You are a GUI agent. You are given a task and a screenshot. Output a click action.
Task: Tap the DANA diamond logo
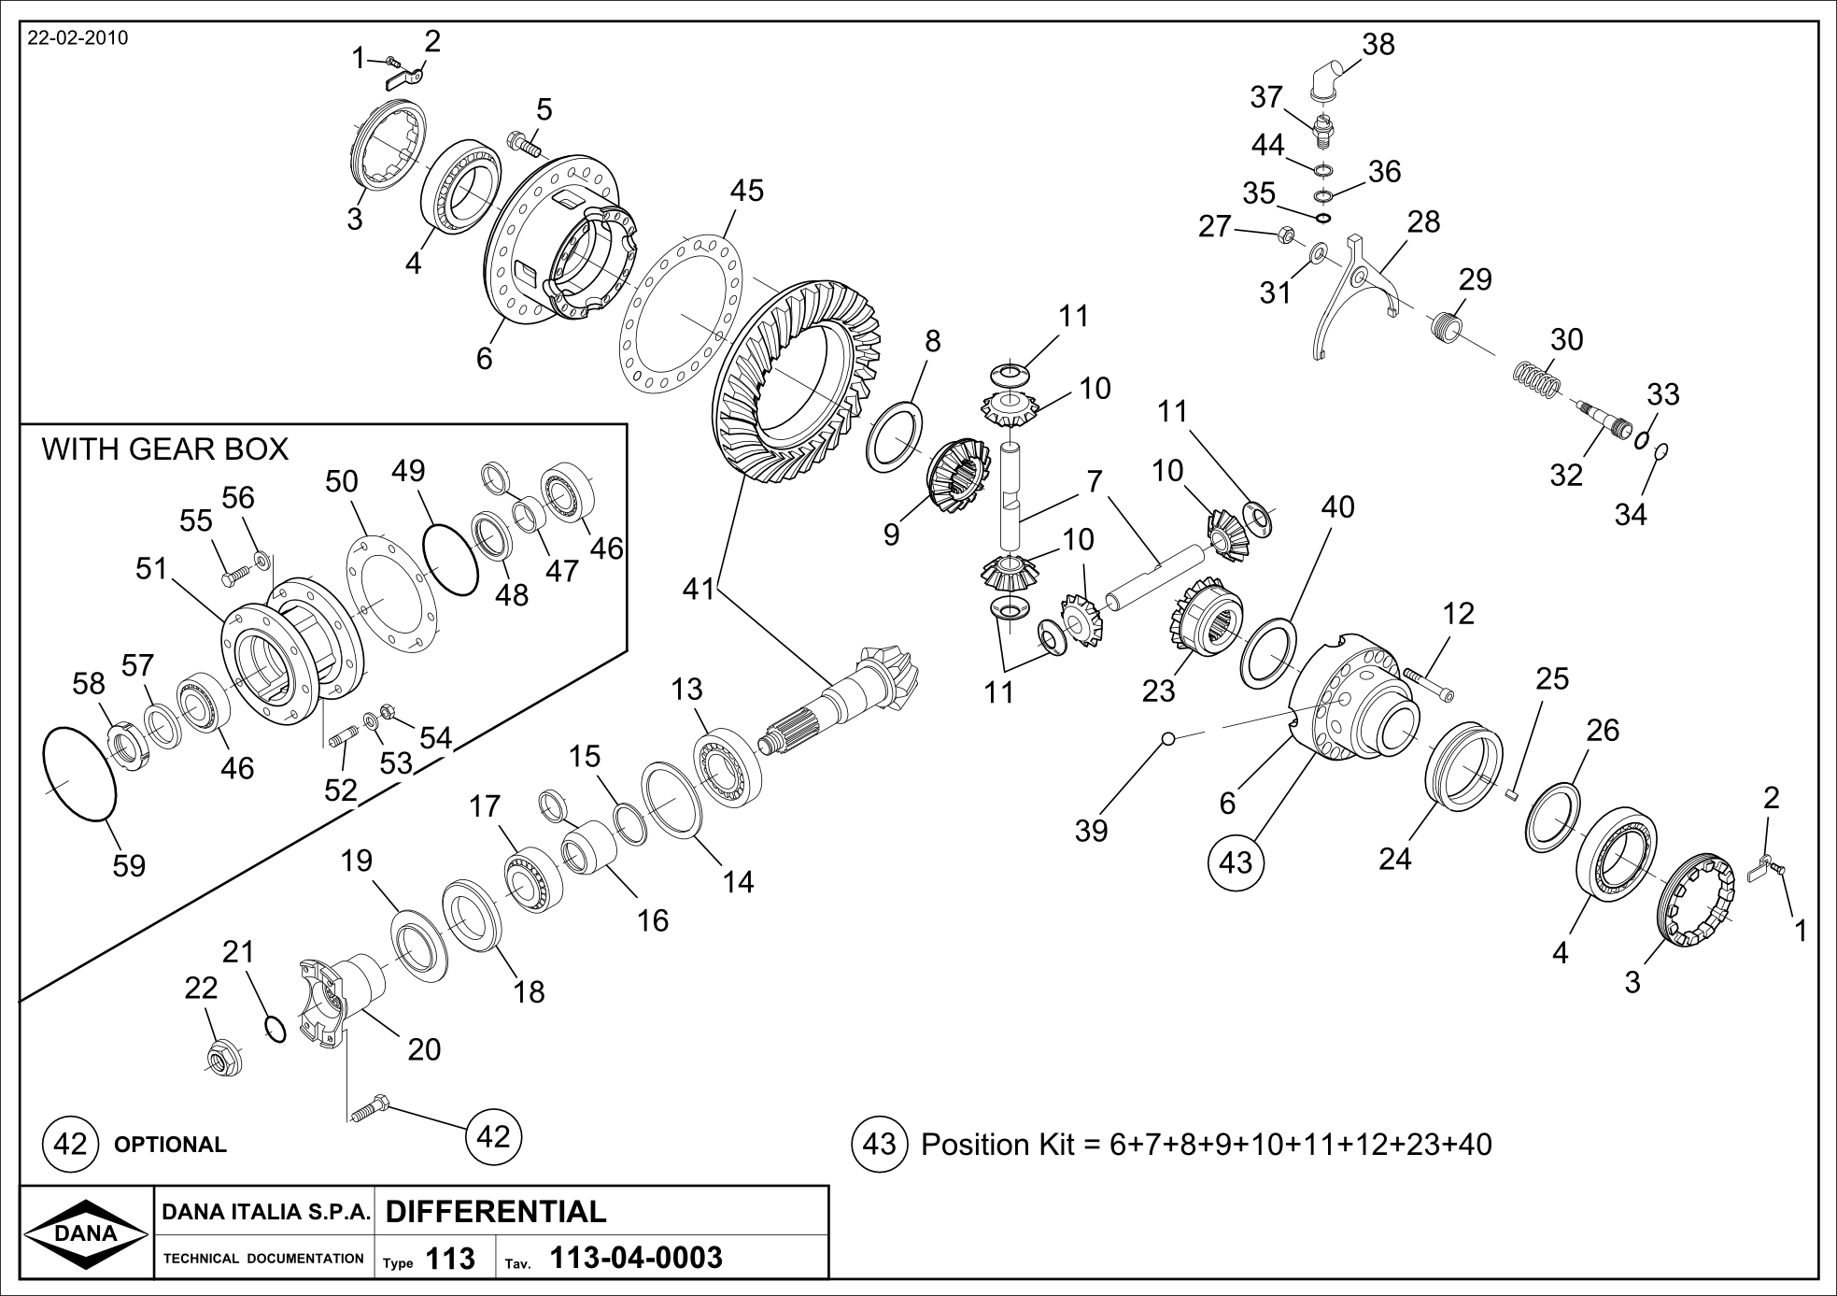tap(85, 1232)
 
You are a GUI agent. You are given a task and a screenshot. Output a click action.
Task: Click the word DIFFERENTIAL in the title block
tap(495, 1211)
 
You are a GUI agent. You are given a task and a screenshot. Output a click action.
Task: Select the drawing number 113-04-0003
tap(636, 1259)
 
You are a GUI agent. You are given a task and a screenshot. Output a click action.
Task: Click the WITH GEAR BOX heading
tap(165, 449)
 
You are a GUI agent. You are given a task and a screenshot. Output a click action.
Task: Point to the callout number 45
tap(746, 191)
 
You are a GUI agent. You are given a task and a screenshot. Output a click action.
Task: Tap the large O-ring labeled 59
tap(80, 775)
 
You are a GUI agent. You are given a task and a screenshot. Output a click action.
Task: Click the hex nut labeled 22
tap(223, 1057)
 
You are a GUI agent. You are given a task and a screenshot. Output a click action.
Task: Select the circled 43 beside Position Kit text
tap(880, 1144)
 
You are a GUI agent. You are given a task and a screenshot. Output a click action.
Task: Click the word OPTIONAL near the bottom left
tap(170, 1145)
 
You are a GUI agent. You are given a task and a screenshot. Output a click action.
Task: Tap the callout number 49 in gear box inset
tap(408, 470)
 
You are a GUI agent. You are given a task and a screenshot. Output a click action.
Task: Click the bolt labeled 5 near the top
tap(524, 144)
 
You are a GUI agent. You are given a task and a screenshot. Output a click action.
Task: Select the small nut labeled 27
tap(1285, 235)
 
